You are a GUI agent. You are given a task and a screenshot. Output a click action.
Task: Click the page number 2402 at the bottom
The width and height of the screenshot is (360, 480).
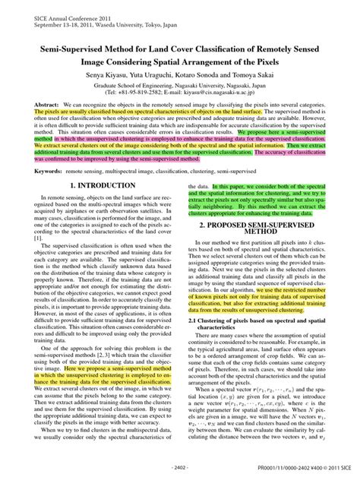click(x=181, y=467)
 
